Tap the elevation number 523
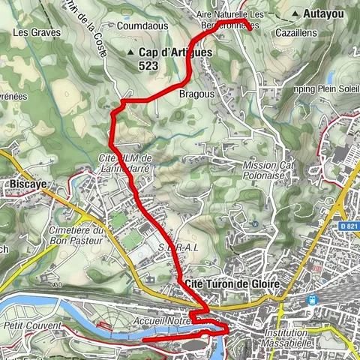click(x=148, y=66)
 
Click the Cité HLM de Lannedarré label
click(x=125, y=163)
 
